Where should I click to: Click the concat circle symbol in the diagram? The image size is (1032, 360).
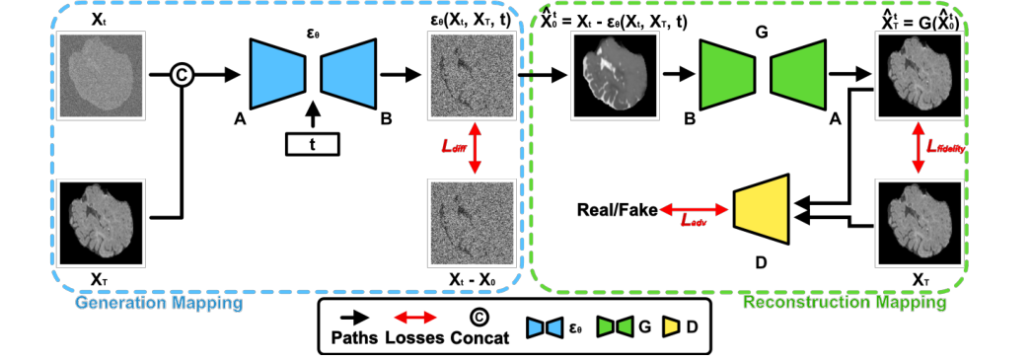pyautogui.click(x=181, y=74)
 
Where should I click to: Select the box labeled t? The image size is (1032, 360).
pyautogui.click(x=313, y=143)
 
